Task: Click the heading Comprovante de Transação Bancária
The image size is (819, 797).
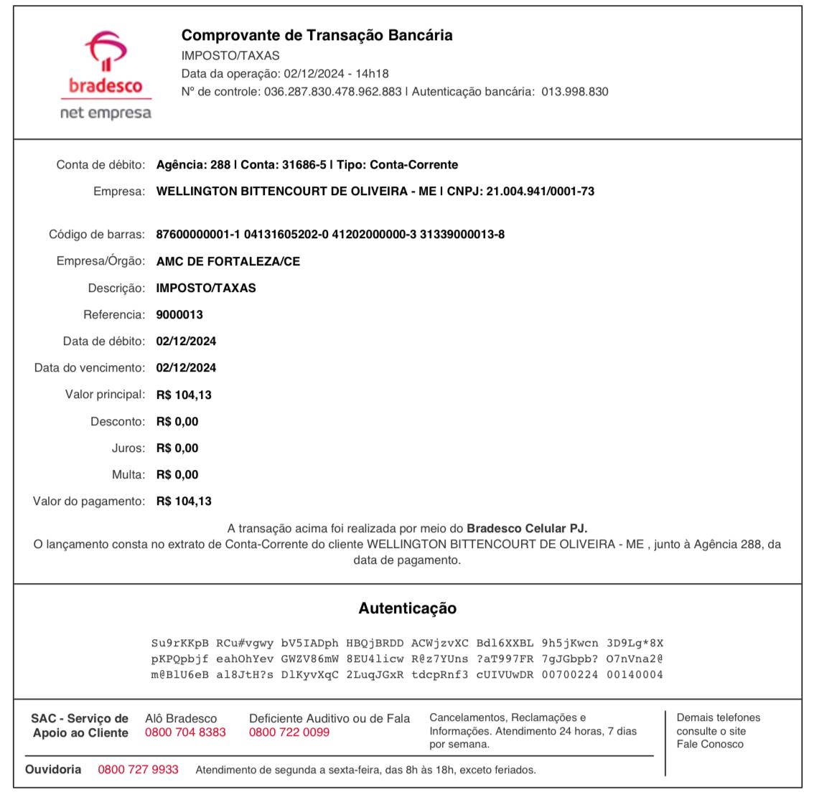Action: pyautogui.click(x=317, y=35)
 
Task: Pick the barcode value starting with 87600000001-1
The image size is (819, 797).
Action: pyautogui.click(x=330, y=235)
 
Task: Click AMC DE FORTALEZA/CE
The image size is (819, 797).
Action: pyautogui.click(x=228, y=261)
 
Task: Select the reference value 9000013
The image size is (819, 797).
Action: pyautogui.click(x=179, y=314)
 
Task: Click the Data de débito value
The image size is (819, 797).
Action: pyautogui.click(x=186, y=341)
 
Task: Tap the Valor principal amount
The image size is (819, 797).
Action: pyautogui.click(x=184, y=395)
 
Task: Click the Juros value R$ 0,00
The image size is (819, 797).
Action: pyautogui.click(x=177, y=448)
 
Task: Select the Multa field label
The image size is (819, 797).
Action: pyautogui.click(x=128, y=475)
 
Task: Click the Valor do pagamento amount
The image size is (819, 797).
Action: pyautogui.click(x=184, y=501)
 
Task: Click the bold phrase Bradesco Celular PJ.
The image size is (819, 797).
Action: pyautogui.click(x=527, y=529)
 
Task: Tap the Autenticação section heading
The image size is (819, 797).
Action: pyautogui.click(x=407, y=608)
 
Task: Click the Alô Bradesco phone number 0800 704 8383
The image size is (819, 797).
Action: pyautogui.click(x=185, y=732)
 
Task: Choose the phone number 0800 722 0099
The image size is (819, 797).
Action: pyautogui.click(x=289, y=732)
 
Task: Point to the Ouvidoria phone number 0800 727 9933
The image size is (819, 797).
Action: pyautogui.click(x=138, y=770)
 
